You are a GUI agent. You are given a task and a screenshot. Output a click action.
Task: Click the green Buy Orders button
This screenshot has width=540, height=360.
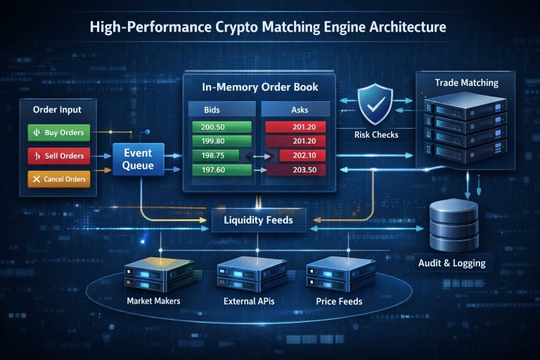pos(58,132)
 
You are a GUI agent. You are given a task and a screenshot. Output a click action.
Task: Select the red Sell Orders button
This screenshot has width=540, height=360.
pos(58,155)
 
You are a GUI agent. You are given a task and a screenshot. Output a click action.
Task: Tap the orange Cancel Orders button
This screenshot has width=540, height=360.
pos(58,179)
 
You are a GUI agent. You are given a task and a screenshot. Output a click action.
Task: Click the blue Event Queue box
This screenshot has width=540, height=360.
pos(139,160)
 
